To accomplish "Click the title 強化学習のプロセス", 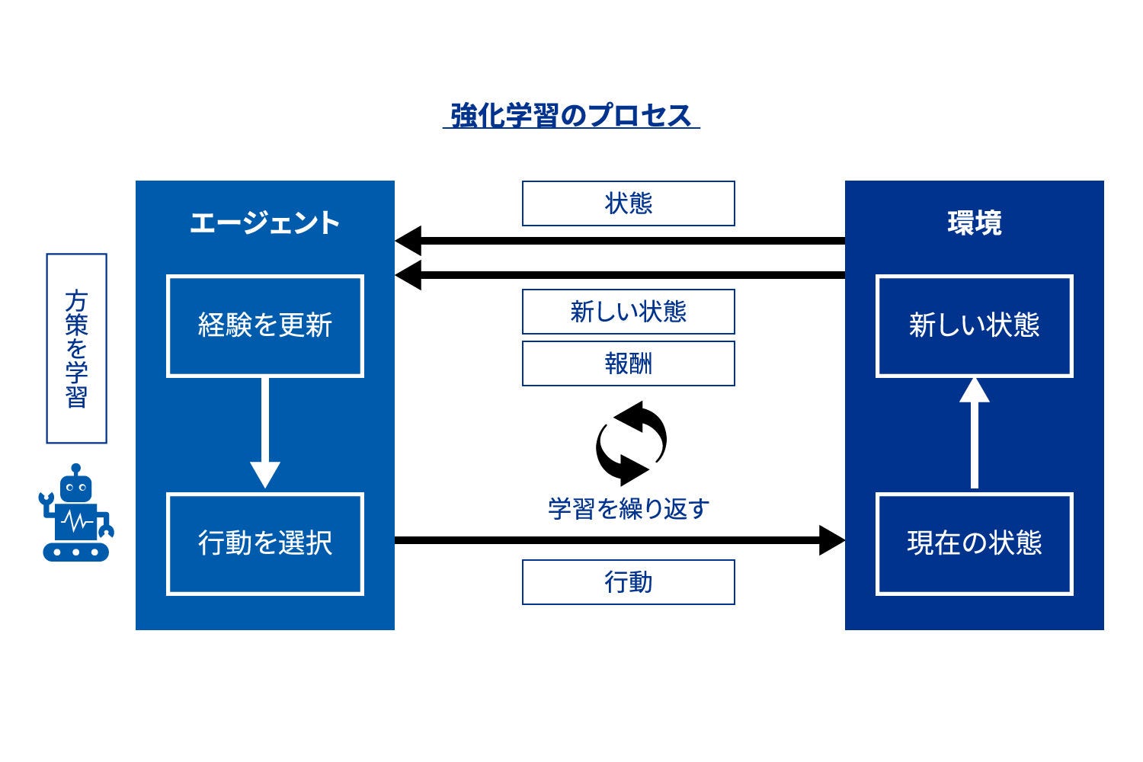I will [x=571, y=116].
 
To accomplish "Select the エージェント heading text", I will [x=264, y=223].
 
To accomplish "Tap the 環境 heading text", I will [x=974, y=223].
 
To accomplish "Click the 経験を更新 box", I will [x=264, y=326].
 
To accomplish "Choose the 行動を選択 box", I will [x=264, y=543].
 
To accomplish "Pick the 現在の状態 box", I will [x=974, y=543].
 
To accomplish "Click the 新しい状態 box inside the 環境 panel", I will [x=974, y=326].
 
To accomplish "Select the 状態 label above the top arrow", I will [x=628, y=203].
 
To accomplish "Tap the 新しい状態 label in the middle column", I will [x=628, y=312].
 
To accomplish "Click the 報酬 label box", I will [x=628, y=363].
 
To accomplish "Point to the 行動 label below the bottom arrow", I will [x=628, y=582].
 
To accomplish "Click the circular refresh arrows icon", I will [x=631, y=443].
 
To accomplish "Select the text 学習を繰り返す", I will [x=628, y=508].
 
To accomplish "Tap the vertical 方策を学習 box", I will [x=76, y=348].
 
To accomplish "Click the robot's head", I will [x=75, y=485].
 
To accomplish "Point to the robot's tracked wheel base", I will [x=75, y=551].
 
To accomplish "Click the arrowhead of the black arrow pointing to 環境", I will [x=831, y=540].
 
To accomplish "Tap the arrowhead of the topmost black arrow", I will [x=408, y=241].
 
